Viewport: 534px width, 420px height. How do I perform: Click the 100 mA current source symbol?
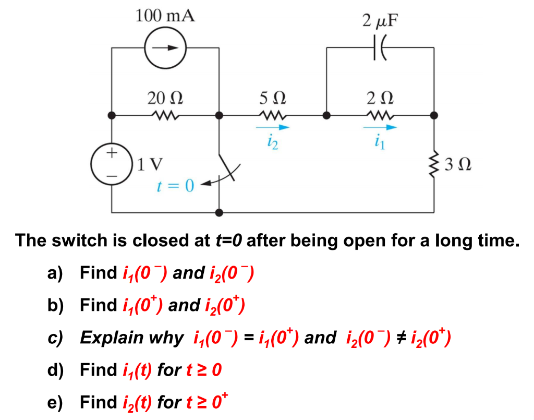pos(165,47)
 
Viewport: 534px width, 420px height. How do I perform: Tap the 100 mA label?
pos(165,16)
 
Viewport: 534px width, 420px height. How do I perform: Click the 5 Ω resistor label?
pos(272,98)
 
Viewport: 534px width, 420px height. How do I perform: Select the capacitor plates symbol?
pos(379,48)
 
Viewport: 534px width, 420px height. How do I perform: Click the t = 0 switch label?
pos(176,186)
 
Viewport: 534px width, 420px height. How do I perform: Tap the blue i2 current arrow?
pos(272,127)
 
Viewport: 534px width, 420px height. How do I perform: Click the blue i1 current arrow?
pos(379,127)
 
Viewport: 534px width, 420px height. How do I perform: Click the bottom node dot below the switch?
pos(219,212)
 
